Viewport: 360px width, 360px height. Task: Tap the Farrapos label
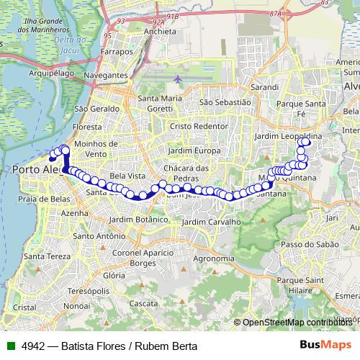pos(117,53)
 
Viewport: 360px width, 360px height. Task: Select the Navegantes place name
pos(106,74)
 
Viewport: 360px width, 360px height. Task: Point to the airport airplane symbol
pos(178,77)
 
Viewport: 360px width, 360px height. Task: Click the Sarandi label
pos(264,86)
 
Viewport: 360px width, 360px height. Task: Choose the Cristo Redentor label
pos(198,125)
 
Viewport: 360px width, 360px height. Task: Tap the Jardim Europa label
pos(194,150)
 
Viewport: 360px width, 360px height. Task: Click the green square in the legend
pos(9,345)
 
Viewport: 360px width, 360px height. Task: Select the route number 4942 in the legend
pos(31,345)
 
